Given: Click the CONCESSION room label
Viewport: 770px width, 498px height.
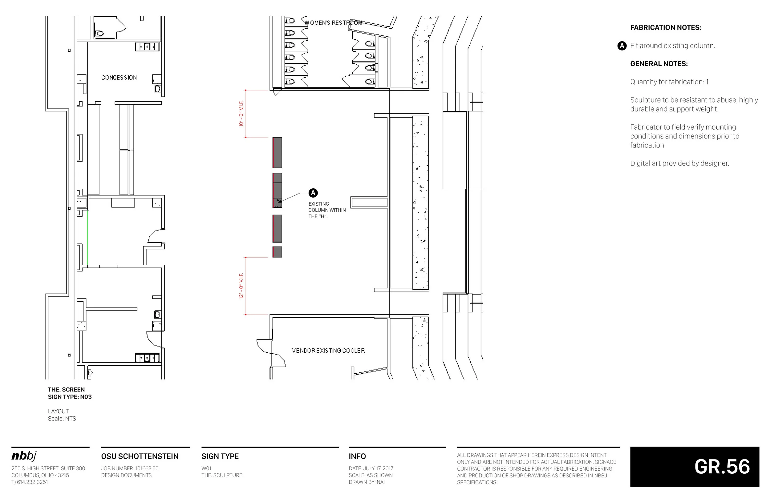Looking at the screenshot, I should click(119, 78).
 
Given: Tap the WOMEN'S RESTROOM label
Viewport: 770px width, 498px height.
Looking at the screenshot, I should click(333, 23).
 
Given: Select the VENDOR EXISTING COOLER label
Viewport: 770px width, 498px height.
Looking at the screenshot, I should click(328, 351).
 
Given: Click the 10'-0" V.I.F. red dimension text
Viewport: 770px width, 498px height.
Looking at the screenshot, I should click(241, 114).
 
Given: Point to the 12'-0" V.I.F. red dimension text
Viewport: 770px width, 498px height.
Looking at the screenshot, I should click(241, 286).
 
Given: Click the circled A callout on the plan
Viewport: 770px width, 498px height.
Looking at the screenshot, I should click(313, 193).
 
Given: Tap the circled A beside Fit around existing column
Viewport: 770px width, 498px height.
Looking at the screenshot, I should click(622, 46).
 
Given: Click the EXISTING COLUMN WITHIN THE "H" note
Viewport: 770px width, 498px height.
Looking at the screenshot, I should click(326, 210).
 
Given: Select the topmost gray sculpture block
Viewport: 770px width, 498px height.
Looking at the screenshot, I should click(277, 153).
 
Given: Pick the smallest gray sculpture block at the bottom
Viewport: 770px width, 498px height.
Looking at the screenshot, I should click(277, 252).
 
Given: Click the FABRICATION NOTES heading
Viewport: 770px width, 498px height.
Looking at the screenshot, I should click(666, 27).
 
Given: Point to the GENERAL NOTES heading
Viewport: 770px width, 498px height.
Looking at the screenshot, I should click(659, 64).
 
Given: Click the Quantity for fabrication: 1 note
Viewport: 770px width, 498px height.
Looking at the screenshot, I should click(669, 82).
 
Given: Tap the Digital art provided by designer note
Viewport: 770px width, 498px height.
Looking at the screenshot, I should click(679, 163).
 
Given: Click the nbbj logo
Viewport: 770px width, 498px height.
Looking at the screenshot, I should click(24, 456).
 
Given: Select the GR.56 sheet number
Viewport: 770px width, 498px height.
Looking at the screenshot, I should click(722, 466).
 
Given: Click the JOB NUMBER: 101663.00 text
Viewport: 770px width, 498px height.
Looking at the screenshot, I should click(129, 468).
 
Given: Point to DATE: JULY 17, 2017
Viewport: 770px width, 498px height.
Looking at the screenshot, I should click(371, 468).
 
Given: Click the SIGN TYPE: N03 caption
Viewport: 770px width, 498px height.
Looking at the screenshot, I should click(70, 397).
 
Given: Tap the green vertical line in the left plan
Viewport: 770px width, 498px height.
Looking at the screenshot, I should click(87, 238).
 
